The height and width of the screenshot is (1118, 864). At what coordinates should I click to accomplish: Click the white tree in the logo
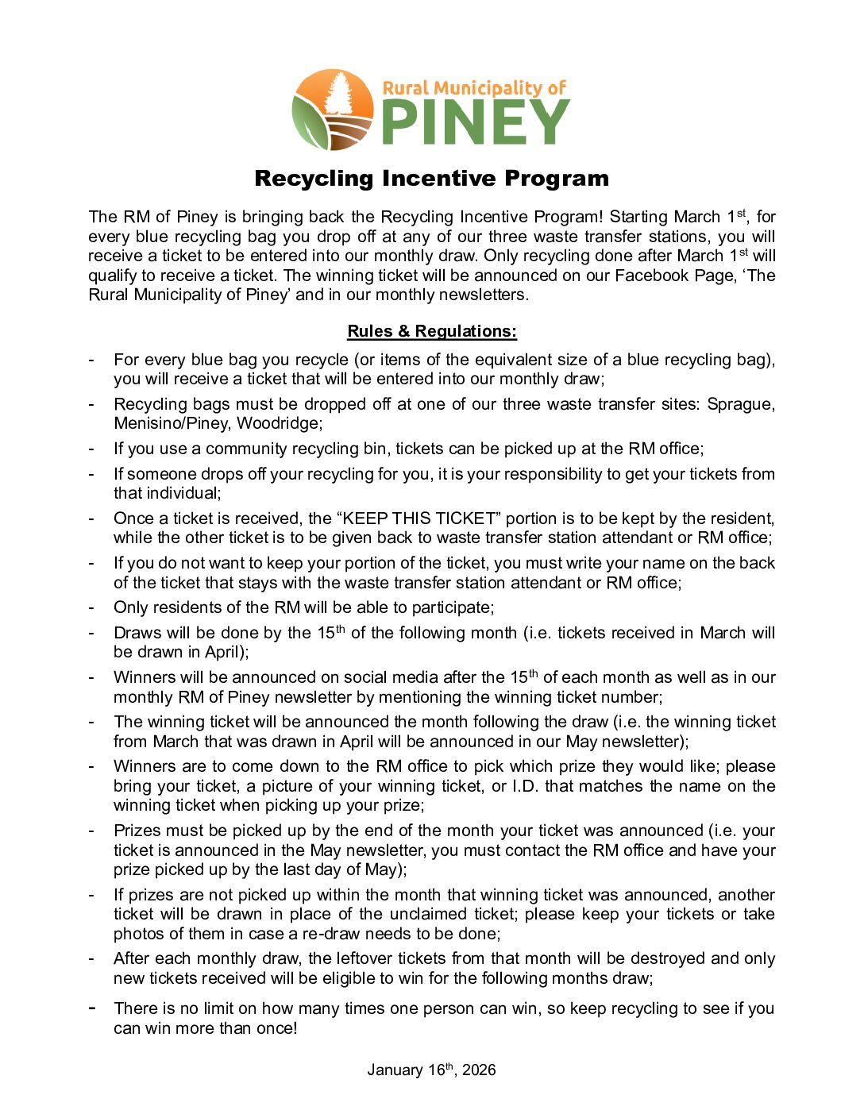pyautogui.click(x=339, y=94)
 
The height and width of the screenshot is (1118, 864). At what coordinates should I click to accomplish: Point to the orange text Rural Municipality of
pyautogui.click(x=474, y=87)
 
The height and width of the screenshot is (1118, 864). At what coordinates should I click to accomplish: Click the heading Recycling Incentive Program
pyautogui.click(x=431, y=179)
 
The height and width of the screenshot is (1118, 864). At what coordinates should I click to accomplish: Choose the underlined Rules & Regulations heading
pyautogui.click(x=432, y=331)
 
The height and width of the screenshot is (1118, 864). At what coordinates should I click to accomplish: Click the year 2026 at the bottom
pyautogui.click(x=479, y=1070)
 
